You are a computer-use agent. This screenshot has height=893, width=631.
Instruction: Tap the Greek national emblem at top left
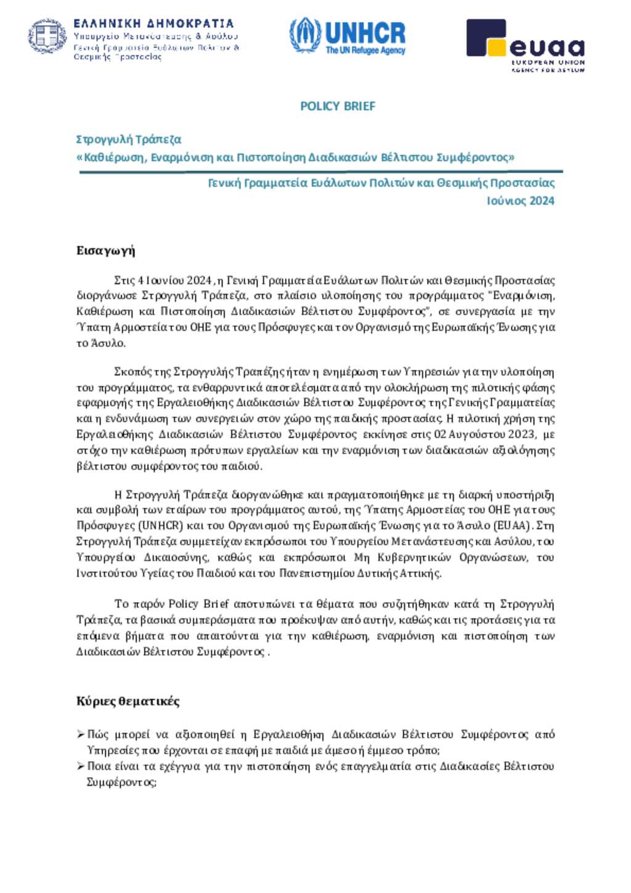(47, 36)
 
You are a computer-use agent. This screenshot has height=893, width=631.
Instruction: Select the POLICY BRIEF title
(338, 106)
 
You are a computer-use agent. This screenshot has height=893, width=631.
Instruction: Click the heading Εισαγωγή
(105, 250)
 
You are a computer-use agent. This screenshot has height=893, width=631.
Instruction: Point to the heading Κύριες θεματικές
(128, 701)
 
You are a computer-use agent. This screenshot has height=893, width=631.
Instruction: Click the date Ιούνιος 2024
(520, 201)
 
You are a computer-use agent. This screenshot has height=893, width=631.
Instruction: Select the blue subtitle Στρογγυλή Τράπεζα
(128, 139)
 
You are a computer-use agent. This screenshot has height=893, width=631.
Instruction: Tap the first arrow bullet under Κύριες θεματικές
(81, 734)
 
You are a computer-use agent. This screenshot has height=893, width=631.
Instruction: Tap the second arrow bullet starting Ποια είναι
(81, 766)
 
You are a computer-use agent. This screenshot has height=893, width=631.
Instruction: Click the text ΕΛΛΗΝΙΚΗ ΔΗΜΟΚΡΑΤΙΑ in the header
(153, 24)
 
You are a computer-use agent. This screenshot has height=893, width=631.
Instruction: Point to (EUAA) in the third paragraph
(512, 526)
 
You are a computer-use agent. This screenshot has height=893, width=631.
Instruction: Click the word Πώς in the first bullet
(98, 734)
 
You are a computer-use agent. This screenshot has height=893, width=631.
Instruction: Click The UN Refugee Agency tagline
(365, 51)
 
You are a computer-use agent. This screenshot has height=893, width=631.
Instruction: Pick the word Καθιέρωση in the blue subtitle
(115, 157)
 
